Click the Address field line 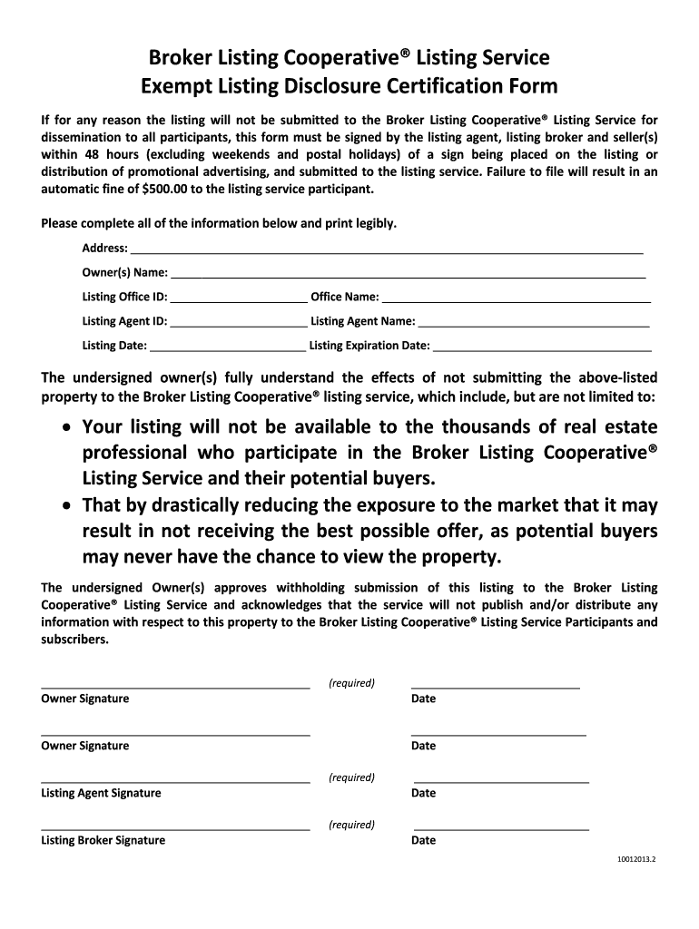(x=388, y=249)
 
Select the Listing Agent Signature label (x=101, y=793)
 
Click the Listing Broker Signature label (x=103, y=840)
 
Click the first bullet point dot (x=67, y=427)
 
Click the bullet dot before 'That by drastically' (x=67, y=505)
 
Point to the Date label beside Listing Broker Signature (x=423, y=840)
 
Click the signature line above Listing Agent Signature (x=175, y=780)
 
